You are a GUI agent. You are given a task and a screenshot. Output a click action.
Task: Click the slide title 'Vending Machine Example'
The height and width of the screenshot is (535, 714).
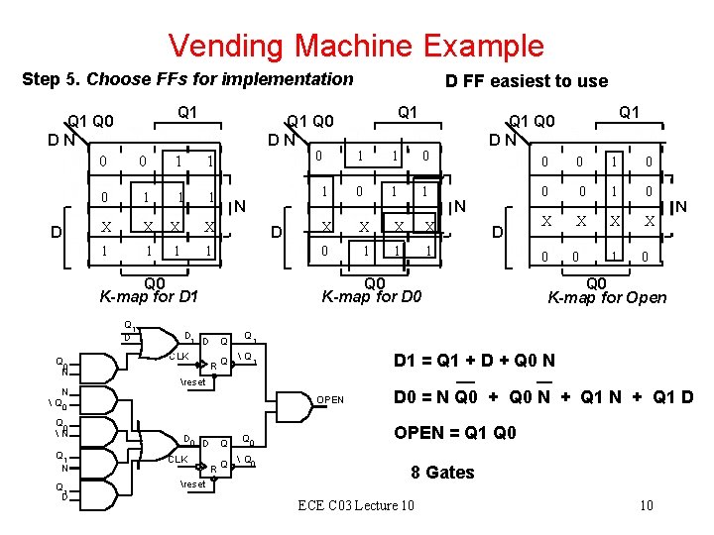pos(356,45)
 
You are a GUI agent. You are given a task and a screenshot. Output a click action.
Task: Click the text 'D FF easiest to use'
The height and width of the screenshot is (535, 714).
pos(526,81)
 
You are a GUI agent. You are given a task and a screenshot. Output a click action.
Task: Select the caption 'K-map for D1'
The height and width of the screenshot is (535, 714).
pos(150,295)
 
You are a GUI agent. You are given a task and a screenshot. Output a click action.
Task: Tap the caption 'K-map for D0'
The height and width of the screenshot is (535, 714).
pos(373,295)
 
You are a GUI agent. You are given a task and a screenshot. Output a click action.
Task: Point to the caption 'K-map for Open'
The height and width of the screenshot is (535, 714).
pos(608,296)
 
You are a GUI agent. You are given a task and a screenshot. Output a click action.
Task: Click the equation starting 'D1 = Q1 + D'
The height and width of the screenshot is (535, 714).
pos(474,363)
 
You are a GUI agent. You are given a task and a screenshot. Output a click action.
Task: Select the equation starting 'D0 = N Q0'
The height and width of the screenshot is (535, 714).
pos(543,398)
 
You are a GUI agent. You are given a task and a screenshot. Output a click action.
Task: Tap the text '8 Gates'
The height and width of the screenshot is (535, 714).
pos(442,472)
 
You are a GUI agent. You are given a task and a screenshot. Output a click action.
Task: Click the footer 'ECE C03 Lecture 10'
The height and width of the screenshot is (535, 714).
pos(356,506)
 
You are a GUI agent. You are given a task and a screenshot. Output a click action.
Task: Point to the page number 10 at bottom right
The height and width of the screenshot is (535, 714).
pos(646,506)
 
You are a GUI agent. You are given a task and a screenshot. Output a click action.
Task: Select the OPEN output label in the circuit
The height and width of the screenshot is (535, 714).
pos(330,400)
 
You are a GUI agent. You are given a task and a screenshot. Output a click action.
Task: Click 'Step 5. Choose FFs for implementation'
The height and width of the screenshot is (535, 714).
pos(187,78)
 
